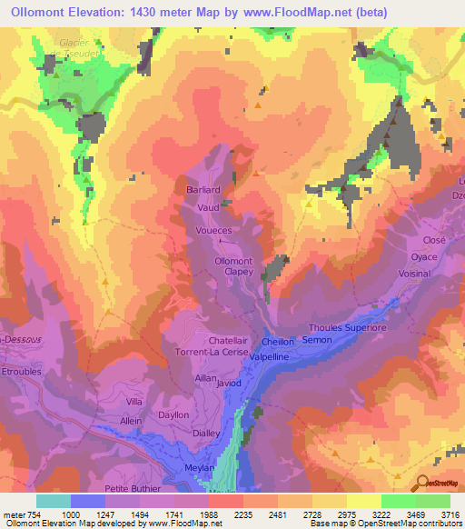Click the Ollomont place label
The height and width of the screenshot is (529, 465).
tap(232, 261)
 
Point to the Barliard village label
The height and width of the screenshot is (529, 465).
tap(203, 189)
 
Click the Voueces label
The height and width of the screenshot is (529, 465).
tap(214, 232)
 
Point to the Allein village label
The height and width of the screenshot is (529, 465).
tap(132, 421)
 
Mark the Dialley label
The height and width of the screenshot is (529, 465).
tap(206, 434)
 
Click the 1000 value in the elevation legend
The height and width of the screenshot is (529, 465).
tap(72, 514)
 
